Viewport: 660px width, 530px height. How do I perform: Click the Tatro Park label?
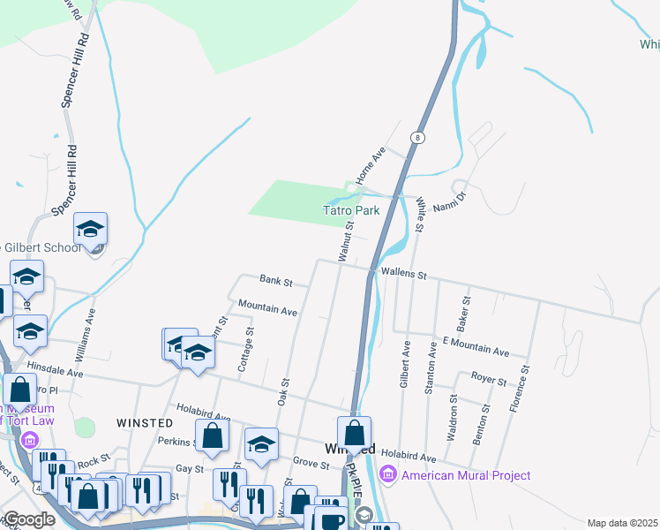[350, 211]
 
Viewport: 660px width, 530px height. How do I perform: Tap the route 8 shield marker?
[417, 138]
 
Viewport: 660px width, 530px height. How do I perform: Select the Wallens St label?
[403, 274]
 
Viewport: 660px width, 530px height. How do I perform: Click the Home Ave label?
[371, 165]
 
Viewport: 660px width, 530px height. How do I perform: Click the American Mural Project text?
[466, 475]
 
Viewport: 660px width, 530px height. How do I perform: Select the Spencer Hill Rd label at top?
[76, 71]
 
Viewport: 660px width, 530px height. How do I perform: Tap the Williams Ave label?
[87, 333]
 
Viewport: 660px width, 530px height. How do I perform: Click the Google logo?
[29, 519]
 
